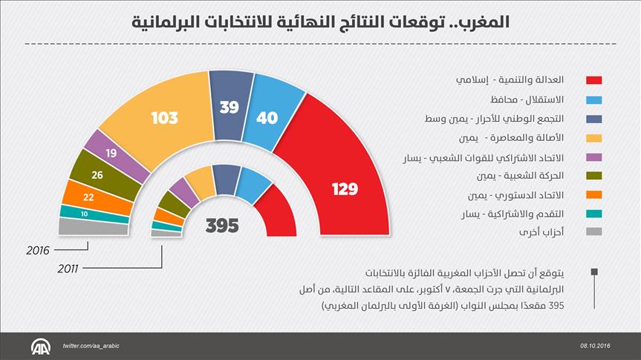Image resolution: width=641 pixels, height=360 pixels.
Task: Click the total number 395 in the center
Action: [x=222, y=225]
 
